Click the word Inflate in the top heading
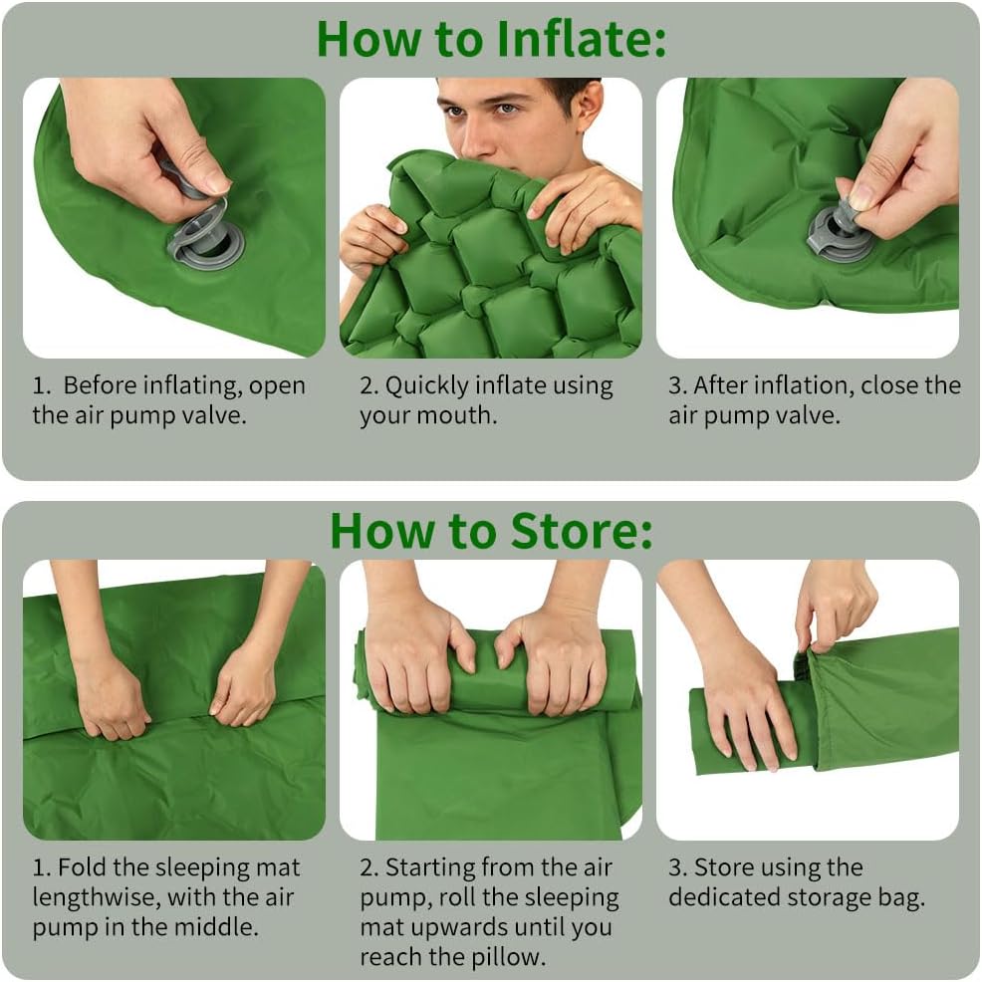(580, 39)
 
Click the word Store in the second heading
(582, 531)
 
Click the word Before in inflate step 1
(99, 385)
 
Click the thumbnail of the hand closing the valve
(808, 217)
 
